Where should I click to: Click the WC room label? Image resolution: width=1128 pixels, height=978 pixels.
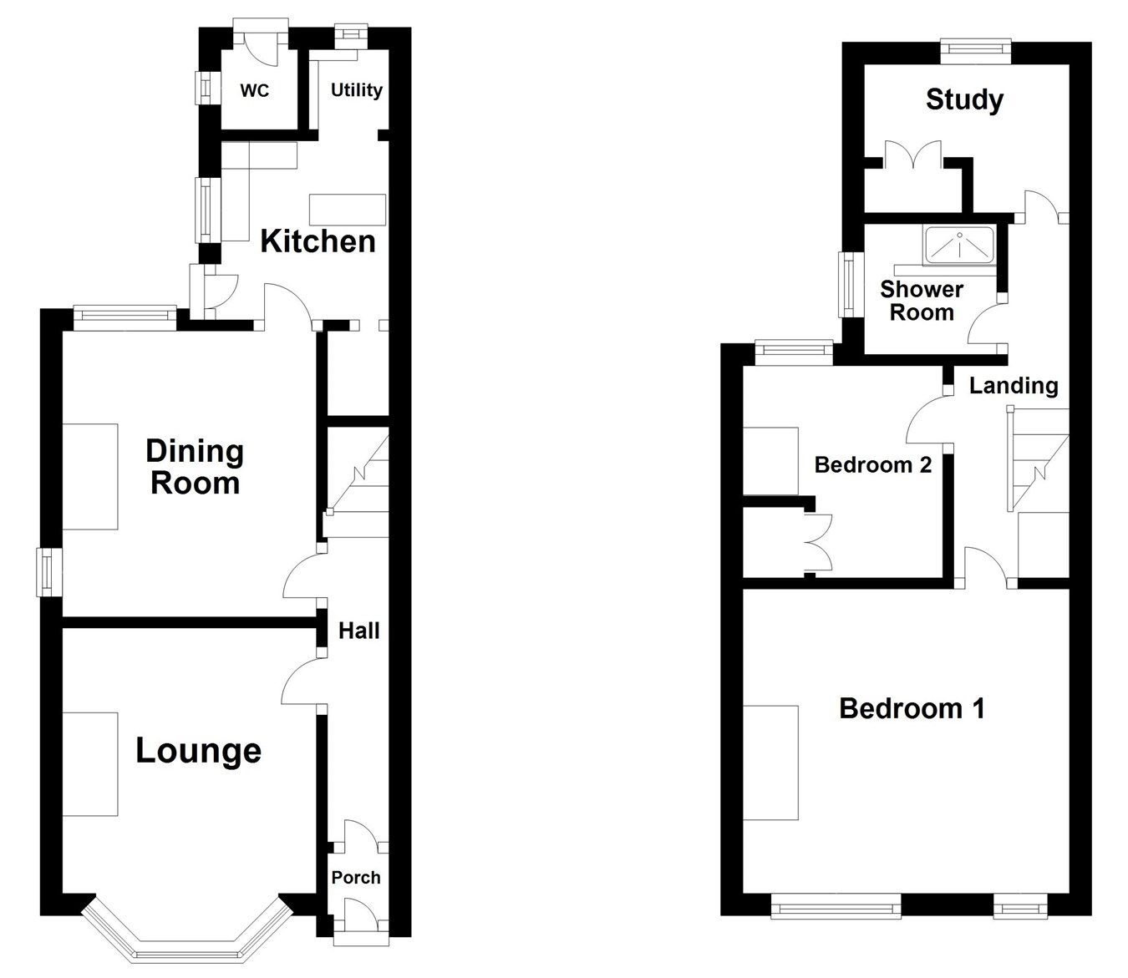coord(255,90)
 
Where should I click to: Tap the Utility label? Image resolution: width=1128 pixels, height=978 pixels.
coord(357,89)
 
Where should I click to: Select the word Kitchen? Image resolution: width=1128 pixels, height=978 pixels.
coord(318,241)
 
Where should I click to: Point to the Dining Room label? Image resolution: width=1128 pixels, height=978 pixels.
coord(195,467)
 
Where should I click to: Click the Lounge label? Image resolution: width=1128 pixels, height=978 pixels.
coord(199,750)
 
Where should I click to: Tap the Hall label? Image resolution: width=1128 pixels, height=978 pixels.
coord(359,631)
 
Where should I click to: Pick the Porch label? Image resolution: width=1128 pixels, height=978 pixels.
coord(356,877)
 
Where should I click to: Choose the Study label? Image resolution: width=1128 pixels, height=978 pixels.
coord(964,100)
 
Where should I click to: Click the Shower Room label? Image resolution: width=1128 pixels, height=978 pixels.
coord(922,301)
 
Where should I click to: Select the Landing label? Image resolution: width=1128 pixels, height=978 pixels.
coord(1014,385)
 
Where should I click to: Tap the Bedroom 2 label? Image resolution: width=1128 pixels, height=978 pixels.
coord(872,464)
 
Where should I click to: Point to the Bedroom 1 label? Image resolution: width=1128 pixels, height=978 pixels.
coord(912,708)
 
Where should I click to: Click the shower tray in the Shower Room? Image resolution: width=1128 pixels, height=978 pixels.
coord(959,246)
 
